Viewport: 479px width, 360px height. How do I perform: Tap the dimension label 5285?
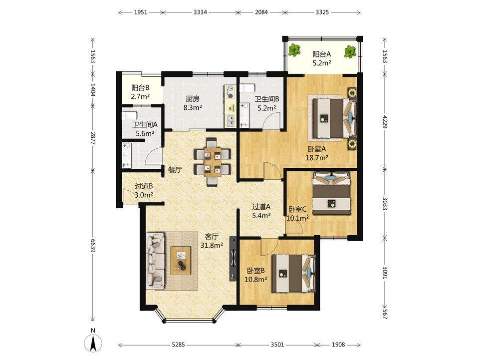click(178, 345)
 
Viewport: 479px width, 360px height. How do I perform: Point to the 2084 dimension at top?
click(261, 12)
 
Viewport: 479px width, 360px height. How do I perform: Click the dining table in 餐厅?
click(213, 162)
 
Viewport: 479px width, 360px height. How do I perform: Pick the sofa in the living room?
click(156, 261)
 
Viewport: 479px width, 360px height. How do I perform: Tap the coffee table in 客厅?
click(181, 261)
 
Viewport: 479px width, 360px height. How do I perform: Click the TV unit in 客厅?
click(234, 259)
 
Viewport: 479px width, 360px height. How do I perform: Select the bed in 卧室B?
click(293, 273)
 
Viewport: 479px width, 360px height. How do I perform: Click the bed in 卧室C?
click(331, 193)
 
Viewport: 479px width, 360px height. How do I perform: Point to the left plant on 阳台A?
click(295, 50)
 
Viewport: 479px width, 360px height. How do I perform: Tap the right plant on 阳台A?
click(350, 51)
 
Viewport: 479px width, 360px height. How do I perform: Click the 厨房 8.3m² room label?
click(193, 103)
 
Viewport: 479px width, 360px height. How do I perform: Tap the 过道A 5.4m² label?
click(261, 211)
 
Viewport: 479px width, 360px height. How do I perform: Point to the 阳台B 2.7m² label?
click(140, 92)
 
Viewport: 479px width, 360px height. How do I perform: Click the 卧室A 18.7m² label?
click(317, 153)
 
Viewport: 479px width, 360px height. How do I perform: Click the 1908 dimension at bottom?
click(338, 345)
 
